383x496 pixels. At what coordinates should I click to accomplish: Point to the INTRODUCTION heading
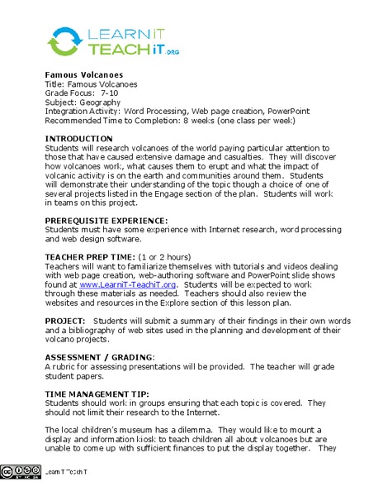pyautogui.click(x=78, y=138)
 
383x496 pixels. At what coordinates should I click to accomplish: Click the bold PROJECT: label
pyautogui.click(x=65, y=320)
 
